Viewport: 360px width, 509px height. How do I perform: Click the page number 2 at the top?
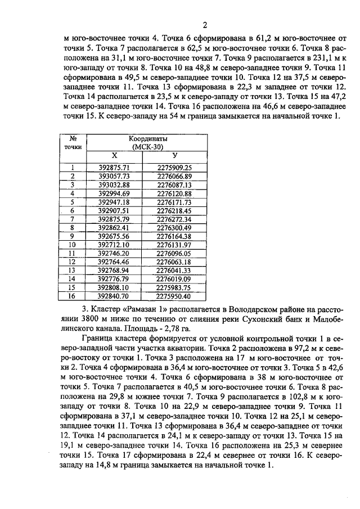click(x=205, y=25)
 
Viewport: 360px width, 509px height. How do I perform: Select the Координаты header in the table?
click(x=158, y=139)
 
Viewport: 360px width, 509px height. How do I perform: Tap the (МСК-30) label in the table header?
click(x=158, y=147)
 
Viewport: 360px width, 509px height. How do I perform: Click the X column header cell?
click(x=114, y=155)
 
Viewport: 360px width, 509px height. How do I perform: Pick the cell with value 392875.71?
click(x=114, y=168)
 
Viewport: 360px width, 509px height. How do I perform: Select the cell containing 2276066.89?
click(x=174, y=176)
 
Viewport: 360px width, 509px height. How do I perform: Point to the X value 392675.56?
click(x=114, y=236)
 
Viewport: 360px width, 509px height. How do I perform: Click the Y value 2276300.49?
click(x=174, y=228)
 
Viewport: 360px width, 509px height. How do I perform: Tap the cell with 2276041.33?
click(x=174, y=271)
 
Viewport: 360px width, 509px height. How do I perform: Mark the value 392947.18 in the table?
click(x=114, y=202)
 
